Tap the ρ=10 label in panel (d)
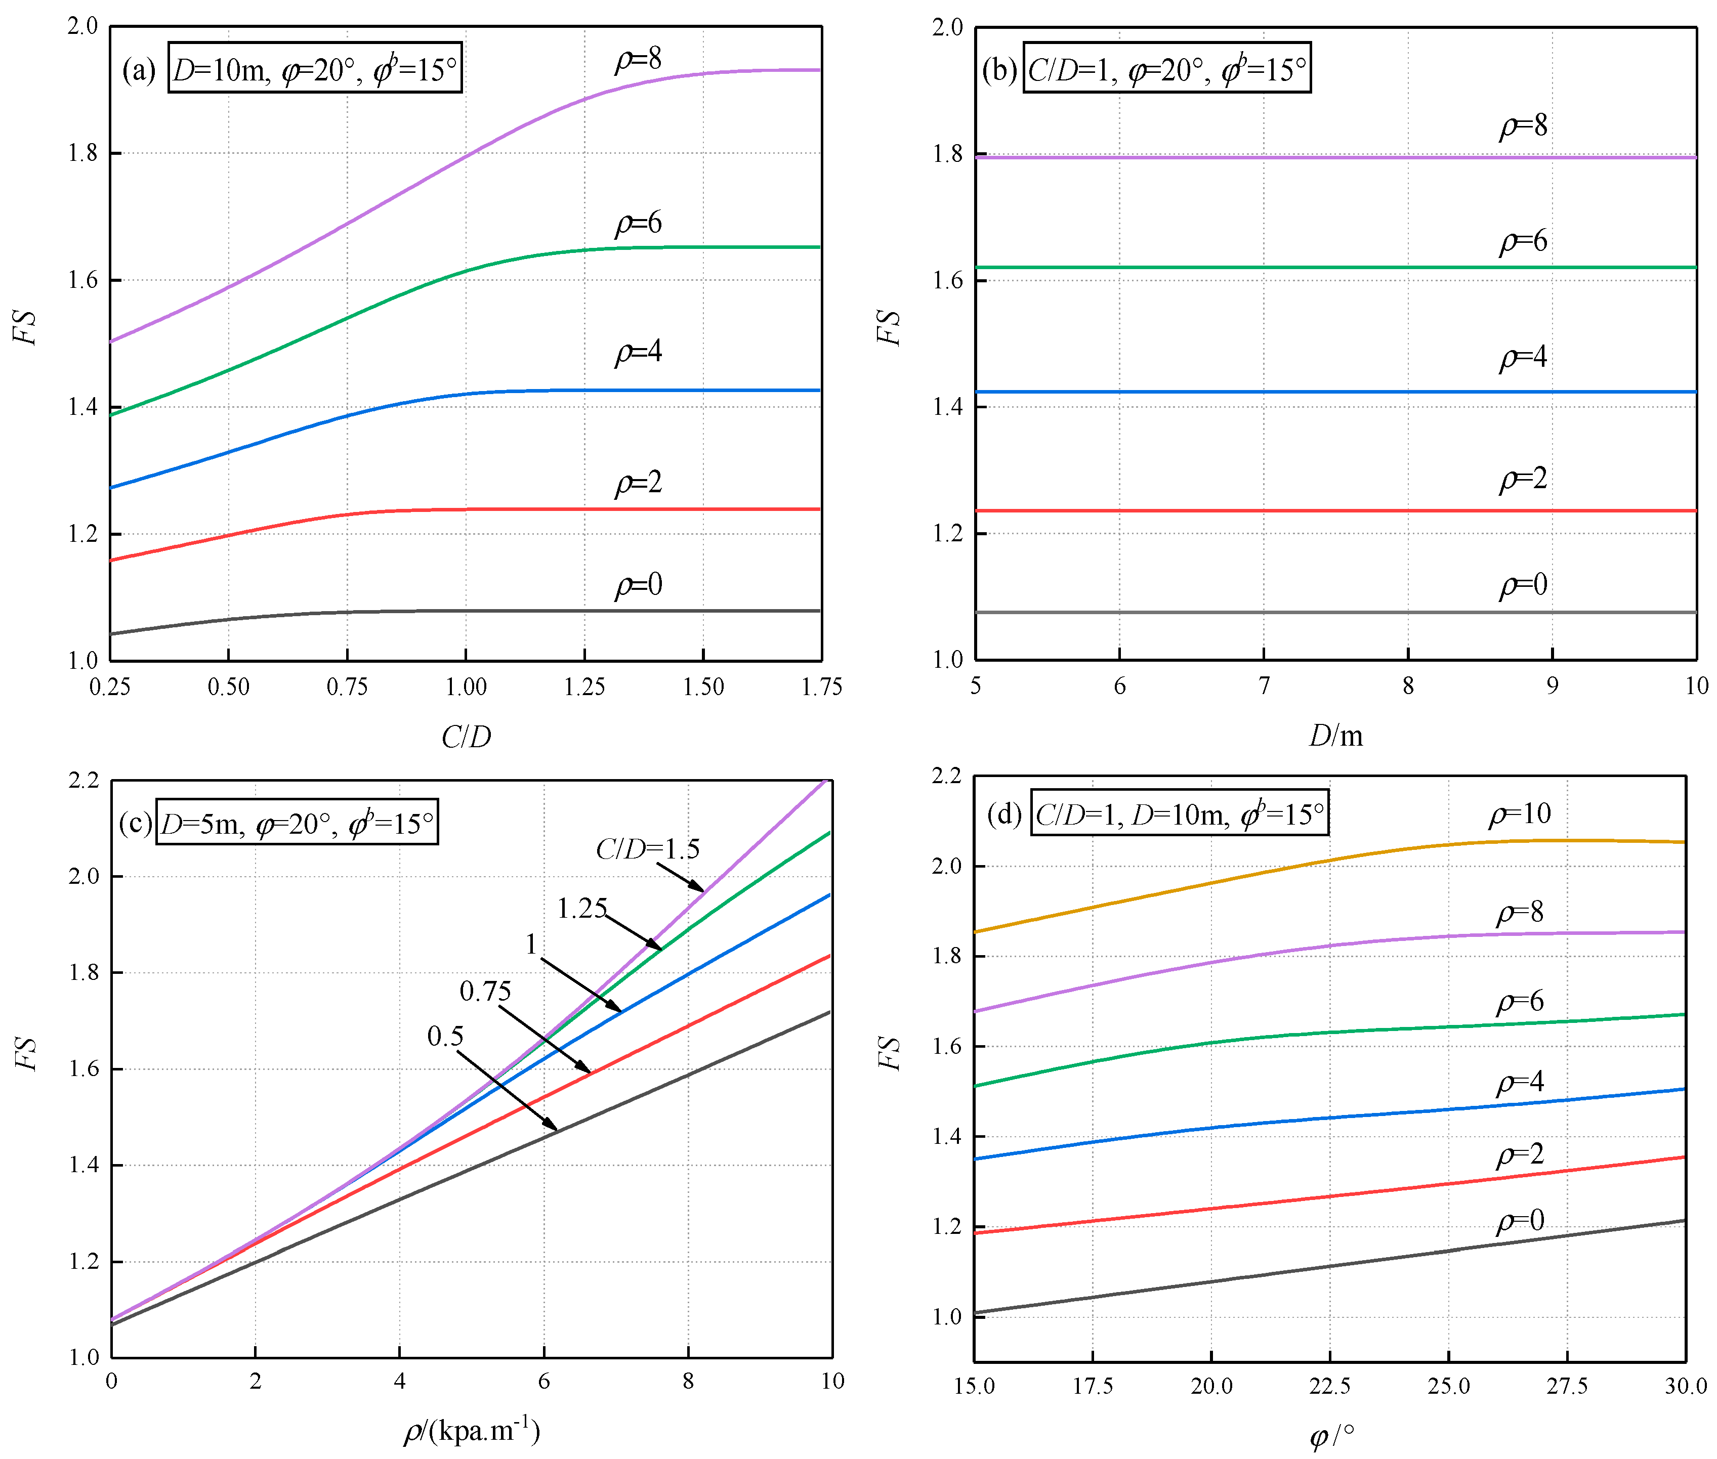click(x=1519, y=814)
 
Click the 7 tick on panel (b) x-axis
click(x=1264, y=685)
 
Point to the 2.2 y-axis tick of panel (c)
click(x=83, y=781)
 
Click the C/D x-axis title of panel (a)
click(x=466, y=736)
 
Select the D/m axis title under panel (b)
click(x=1335, y=735)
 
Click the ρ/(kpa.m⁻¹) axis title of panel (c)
click(x=472, y=1430)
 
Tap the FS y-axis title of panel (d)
click(x=889, y=1052)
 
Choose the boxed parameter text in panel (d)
click(x=1179, y=814)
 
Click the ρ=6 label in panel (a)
click(x=638, y=223)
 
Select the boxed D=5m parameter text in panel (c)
click(x=296, y=823)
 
